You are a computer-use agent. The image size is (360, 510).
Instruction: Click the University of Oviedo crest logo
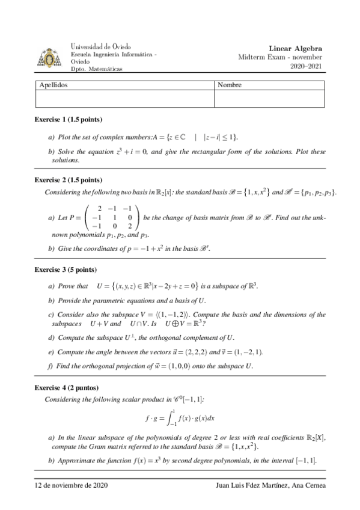click(49, 58)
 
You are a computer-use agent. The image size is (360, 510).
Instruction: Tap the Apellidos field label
click(53, 85)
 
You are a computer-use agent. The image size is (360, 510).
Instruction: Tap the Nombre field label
click(230, 85)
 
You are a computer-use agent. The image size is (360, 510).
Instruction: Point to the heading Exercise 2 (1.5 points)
click(68, 180)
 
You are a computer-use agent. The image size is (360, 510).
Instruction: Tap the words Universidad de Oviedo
click(101, 46)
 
